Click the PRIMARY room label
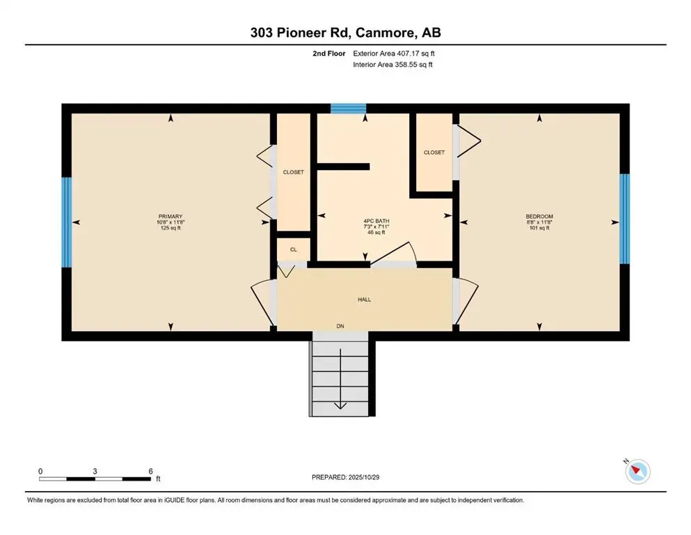[x=170, y=217]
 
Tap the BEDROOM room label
[x=538, y=217]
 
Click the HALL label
[x=365, y=300]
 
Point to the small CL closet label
[x=293, y=249]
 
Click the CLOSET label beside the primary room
[x=293, y=172]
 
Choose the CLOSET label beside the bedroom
[x=434, y=153]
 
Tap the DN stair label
[x=340, y=325]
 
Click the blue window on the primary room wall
[x=67, y=222]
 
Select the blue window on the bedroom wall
[x=624, y=218]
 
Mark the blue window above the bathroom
[x=348, y=108]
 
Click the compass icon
[x=637, y=472]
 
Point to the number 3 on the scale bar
[x=95, y=471]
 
